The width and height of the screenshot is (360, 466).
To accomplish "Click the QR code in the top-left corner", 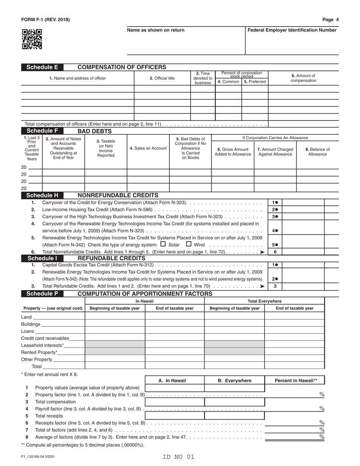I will point(32,39).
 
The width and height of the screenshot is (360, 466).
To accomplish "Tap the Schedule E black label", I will point(42,67).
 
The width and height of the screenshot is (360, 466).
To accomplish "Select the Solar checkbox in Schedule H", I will point(163,244).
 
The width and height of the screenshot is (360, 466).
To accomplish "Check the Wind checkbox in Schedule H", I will point(189,244).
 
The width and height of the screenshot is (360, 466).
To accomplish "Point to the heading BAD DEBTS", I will point(95,131).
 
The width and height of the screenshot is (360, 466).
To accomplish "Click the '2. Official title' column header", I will point(162,78).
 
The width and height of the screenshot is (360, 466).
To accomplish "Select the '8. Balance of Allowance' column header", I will point(317,152).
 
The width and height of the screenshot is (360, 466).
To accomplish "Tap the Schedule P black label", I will point(42,294).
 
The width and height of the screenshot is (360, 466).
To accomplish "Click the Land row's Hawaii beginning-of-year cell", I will point(115,317).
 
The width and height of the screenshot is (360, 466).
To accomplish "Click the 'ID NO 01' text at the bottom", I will point(178,457).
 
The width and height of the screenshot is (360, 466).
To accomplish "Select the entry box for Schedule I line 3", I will point(304,286).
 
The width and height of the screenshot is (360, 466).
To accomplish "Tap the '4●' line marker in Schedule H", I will point(275,231).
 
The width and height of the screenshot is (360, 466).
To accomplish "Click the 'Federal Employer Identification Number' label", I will point(292,30).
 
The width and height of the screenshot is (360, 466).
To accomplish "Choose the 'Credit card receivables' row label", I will point(45,338).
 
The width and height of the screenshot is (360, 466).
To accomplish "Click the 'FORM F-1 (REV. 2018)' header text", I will point(45,20).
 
